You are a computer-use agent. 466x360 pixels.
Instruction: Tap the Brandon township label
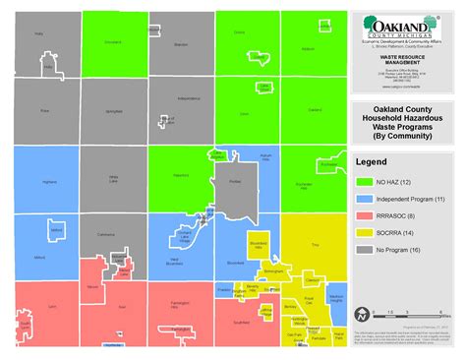click(x=180, y=44)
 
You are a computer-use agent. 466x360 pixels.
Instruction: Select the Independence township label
click(x=189, y=99)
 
